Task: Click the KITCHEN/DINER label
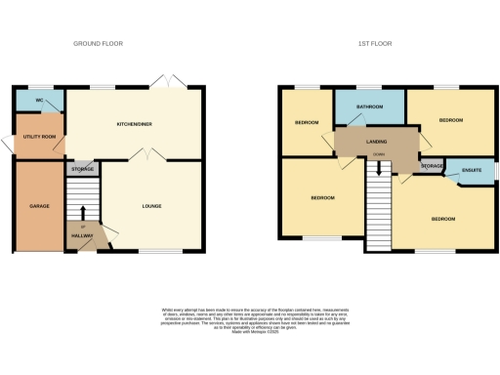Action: (x=136, y=125)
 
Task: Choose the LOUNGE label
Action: (x=151, y=206)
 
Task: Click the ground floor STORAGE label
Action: (x=82, y=169)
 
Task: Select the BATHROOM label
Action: (x=369, y=106)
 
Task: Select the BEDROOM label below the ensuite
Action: (x=443, y=219)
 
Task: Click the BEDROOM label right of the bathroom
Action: (x=450, y=120)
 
